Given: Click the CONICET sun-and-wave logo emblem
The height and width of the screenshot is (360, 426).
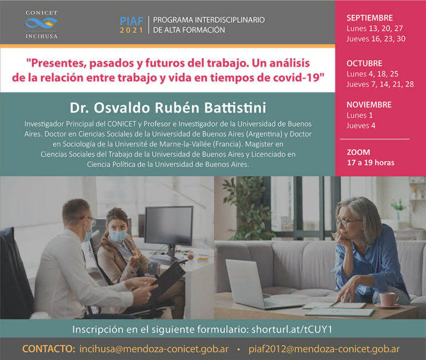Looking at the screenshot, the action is point(41,23).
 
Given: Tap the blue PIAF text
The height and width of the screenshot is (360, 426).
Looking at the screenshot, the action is point(132,21).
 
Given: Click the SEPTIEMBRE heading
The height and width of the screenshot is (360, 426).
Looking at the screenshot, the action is point(369,18).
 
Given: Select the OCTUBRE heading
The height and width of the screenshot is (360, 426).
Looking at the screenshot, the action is point(364,63).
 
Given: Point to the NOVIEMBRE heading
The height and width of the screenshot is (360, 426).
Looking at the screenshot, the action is point(369,105).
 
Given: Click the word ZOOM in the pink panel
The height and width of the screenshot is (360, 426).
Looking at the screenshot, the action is point(358,152).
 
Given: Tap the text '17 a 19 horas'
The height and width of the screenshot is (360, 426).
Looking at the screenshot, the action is point(371,163).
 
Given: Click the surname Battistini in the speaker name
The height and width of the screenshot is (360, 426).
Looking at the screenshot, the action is point(235,108).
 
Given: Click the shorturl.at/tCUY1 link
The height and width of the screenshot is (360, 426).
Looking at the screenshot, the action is point(292,329).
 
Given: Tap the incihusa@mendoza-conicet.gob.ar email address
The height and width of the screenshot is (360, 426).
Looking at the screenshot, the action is point(154,349).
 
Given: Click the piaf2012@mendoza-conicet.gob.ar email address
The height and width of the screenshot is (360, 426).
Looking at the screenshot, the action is point(324,349).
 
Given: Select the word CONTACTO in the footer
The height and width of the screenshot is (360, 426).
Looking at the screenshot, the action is point(49,349).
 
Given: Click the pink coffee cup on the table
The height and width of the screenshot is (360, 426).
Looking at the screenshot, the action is point(388,299).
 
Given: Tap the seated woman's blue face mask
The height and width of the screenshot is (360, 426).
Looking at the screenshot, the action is point(118,236).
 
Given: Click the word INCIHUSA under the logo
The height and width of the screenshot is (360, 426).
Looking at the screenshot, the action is point(41,37).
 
